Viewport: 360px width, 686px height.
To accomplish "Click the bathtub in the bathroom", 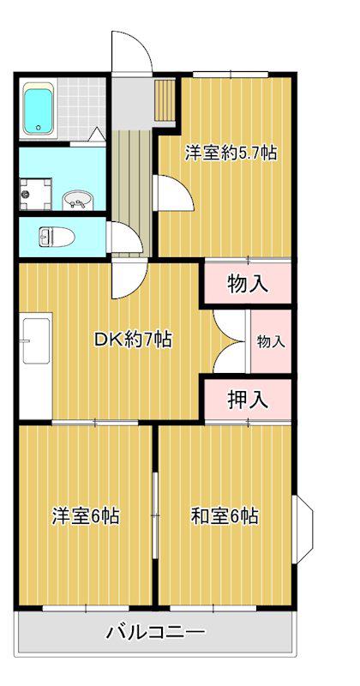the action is pos(39,110).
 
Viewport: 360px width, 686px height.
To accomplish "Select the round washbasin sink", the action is pos(78,200).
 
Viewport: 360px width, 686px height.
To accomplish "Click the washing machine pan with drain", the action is pos(36,194).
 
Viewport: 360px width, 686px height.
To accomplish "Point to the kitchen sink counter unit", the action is pos(36,365).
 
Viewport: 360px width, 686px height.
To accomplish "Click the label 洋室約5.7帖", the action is pos(231,153).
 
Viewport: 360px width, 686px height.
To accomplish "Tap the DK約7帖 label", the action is pos(133,339).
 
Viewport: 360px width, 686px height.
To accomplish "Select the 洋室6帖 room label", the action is pos(86,516).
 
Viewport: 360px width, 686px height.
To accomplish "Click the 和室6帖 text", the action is pos(224,516).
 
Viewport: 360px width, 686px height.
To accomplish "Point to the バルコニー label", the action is pos(156,632).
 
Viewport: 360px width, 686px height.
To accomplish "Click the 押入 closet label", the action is pos(248,400).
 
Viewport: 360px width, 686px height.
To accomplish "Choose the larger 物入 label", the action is pos(248,285).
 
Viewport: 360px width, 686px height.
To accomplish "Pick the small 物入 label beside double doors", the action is pos(271,341).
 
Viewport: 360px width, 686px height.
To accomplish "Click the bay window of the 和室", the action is pos(303,529).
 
